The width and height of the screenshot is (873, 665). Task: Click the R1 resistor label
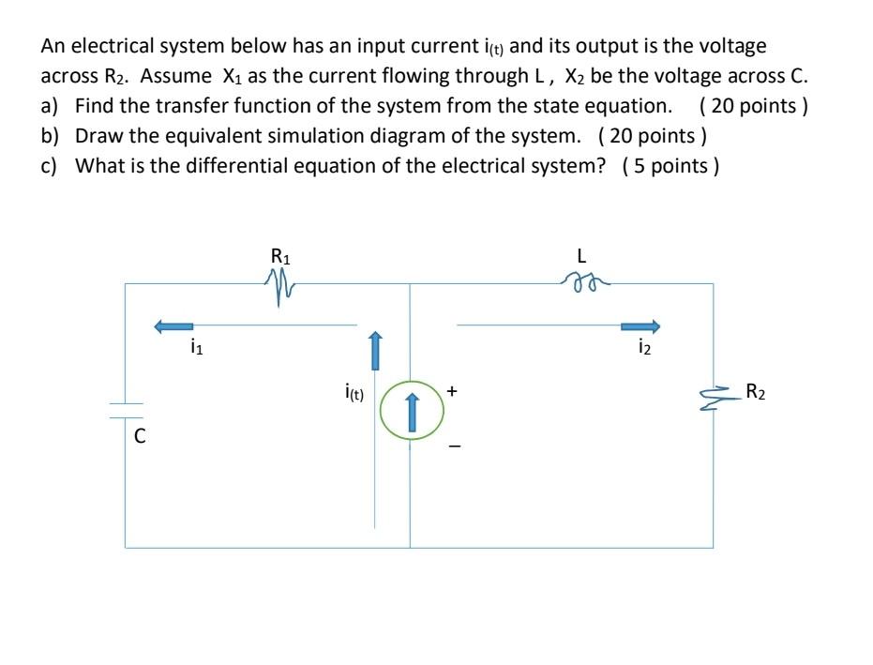click(280, 255)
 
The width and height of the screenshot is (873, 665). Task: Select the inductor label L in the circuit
click(583, 255)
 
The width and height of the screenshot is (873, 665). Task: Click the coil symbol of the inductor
click(583, 279)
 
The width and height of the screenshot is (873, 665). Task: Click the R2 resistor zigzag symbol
click(715, 397)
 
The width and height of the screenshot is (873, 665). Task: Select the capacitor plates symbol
click(126, 410)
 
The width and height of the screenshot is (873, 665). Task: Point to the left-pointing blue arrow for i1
click(173, 326)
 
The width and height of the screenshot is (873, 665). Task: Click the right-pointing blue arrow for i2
click(640, 326)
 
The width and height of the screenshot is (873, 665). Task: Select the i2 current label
click(642, 351)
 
